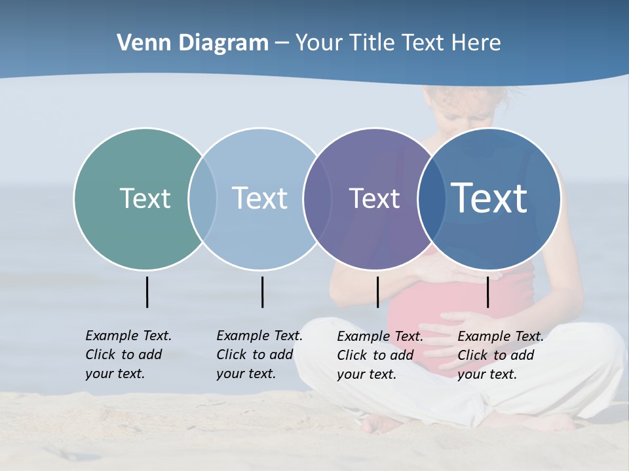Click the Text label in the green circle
point(145,198)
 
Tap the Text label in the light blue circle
point(259,198)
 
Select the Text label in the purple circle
point(374,199)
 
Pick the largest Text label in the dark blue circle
point(489,198)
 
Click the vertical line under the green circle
point(147,292)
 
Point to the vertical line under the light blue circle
point(262,292)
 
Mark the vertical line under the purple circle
point(377,292)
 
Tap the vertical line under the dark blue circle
point(487,292)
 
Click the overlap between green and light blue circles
point(202,199)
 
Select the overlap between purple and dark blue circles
point(432,199)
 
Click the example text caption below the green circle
point(128,355)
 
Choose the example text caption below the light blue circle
point(259,355)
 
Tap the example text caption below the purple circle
point(380,355)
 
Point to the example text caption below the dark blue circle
point(501,355)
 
